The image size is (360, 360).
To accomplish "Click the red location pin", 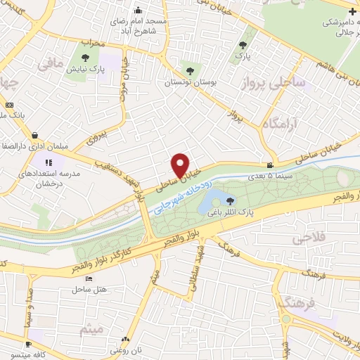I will pos(181,165).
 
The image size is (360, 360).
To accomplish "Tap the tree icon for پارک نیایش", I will pos(86,58).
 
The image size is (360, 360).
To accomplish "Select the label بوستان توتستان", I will pos(188,82).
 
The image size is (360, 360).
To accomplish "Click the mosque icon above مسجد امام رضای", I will pos(138,11).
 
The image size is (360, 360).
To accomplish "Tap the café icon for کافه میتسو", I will pos(27,345).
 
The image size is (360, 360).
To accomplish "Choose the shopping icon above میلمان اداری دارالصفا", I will pos(35,136).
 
